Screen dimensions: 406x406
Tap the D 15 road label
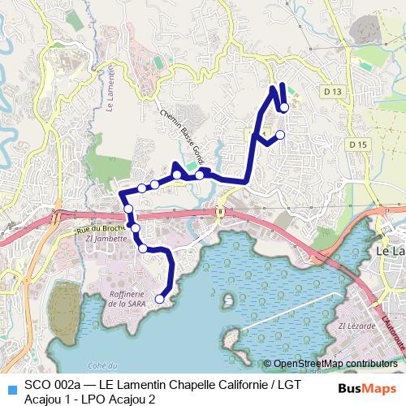coord(358,145)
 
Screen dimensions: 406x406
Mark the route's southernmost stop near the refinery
coord(159,299)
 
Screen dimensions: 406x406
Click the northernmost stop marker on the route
coord(283,107)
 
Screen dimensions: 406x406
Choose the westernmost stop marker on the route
coord(128,209)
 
